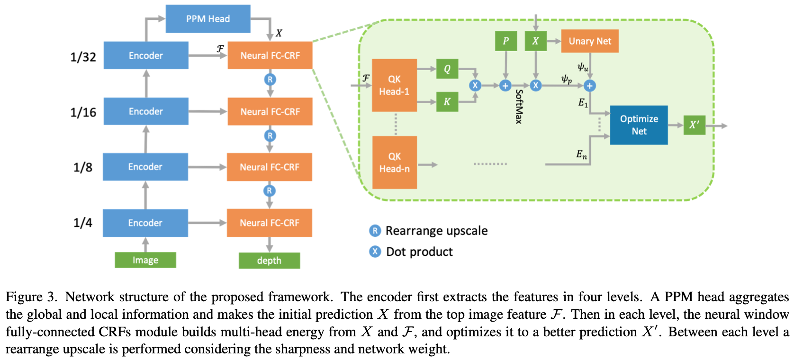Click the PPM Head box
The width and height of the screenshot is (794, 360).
pyautogui.click(x=208, y=19)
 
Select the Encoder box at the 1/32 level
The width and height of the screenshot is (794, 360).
pyautogui.click(x=146, y=55)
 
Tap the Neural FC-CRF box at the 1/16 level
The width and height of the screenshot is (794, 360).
pyautogui.click(x=270, y=112)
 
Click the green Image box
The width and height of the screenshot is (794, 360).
pyautogui.click(x=145, y=260)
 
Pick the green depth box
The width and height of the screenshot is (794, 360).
pyautogui.click(x=269, y=261)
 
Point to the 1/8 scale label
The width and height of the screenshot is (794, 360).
pyautogui.click(x=83, y=167)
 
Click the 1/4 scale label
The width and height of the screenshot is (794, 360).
pyautogui.click(x=83, y=223)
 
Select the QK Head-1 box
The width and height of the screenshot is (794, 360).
pyautogui.click(x=394, y=85)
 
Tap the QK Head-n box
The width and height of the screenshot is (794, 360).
pyautogui.click(x=394, y=162)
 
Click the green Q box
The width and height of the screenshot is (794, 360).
pyautogui.click(x=447, y=69)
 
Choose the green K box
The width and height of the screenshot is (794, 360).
pyautogui.click(x=447, y=102)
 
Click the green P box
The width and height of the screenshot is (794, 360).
pyautogui.click(x=505, y=41)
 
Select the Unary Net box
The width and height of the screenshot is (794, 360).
pyautogui.click(x=590, y=41)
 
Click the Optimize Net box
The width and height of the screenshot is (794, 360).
pyautogui.click(x=639, y=125)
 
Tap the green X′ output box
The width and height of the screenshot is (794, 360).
pyautogui.click(x=694, y=125)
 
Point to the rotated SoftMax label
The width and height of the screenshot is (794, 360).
pyautogui.click(x=519, y=107)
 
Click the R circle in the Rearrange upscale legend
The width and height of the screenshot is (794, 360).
pyautogui.click(x=375, y=231)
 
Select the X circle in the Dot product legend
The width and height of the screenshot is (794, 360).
pyautogui.click(x=375, y=252)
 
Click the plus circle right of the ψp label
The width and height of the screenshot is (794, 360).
pyautogui.click(x=589, y=86)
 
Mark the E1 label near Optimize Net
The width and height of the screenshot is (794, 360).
pyautogui.click(x=583, y=102)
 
